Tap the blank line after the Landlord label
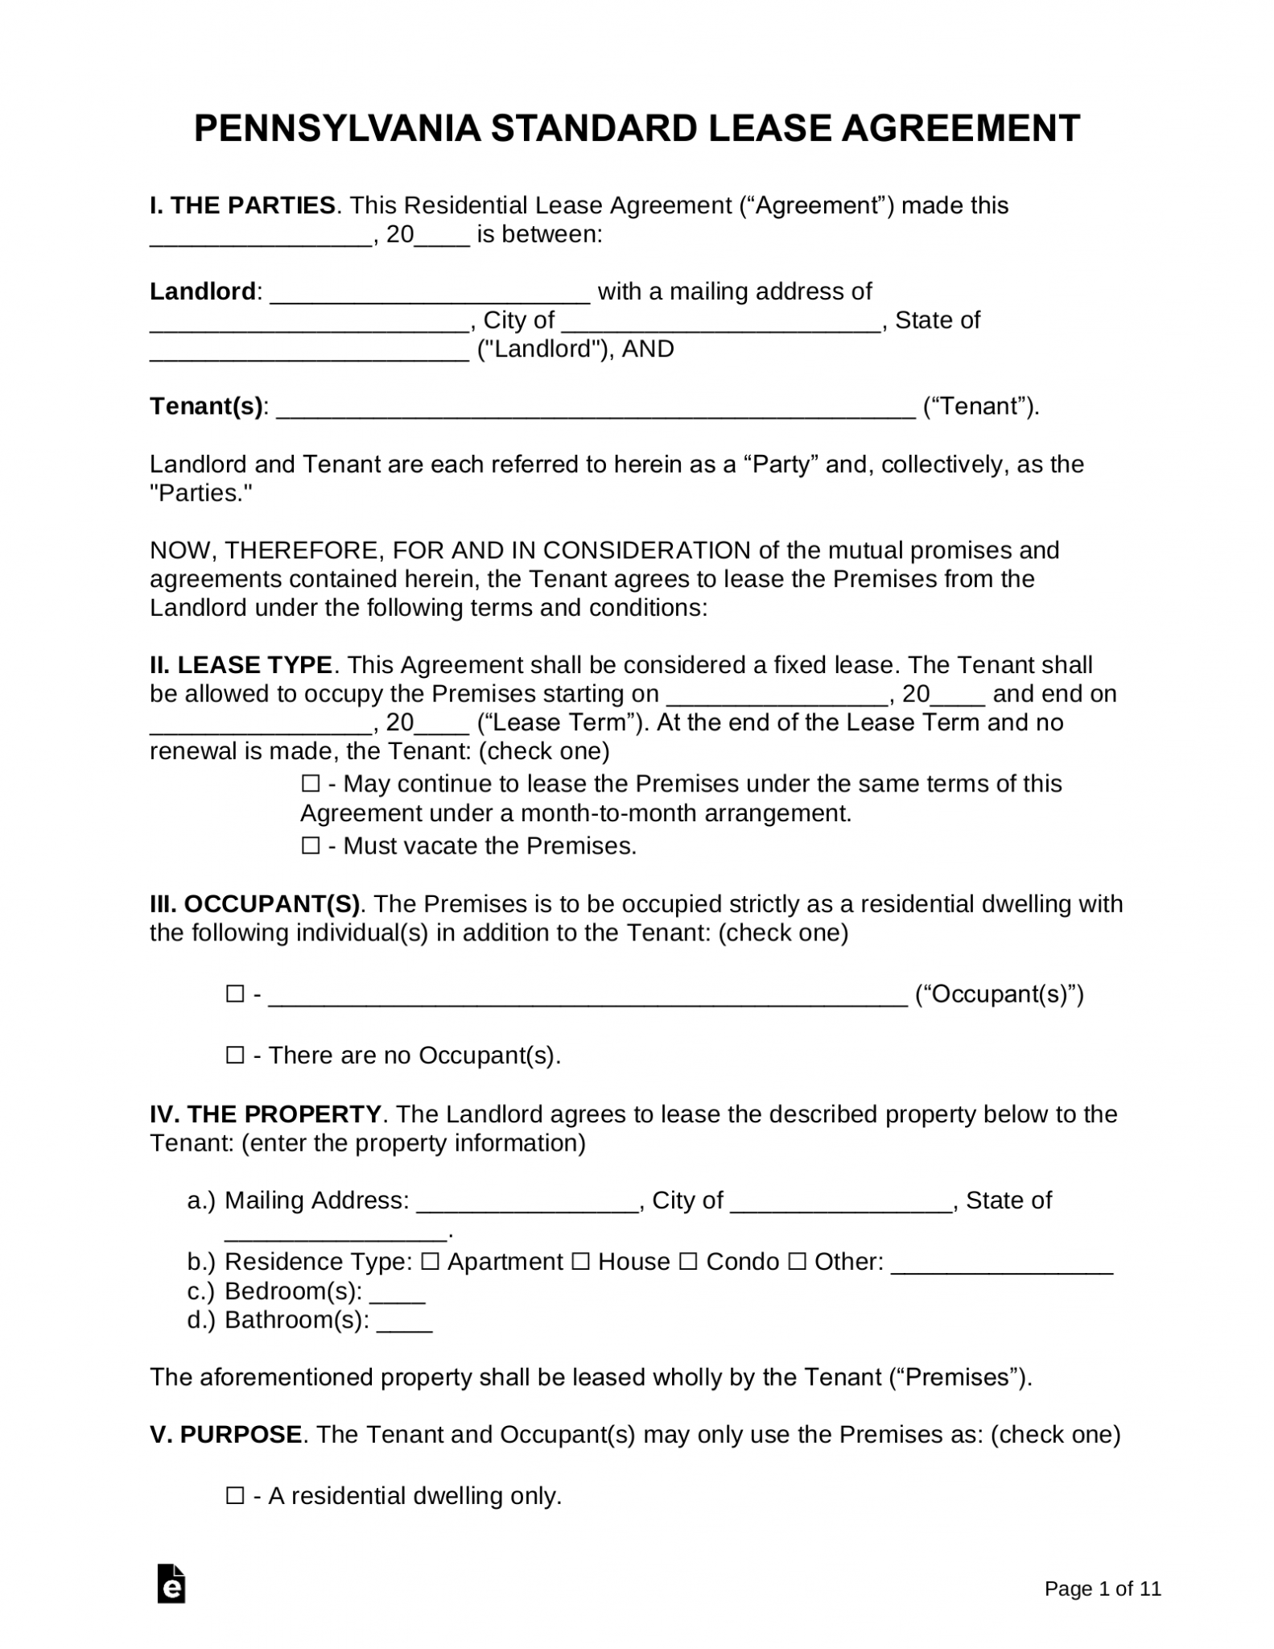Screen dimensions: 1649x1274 click(430, 293)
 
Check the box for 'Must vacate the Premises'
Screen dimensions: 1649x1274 click(311, 846)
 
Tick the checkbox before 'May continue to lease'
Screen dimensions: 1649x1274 click(311, 784)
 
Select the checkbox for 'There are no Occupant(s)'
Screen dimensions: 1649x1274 click(235, 1056)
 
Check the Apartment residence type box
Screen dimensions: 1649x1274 click(430, 1262)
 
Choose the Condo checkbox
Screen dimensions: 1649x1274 click(688, 1262)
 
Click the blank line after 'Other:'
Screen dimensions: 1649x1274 click(1003, 1264)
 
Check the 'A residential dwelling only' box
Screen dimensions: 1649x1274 click(235, 1496)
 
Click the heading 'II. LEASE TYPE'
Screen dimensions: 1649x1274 click(241, 665)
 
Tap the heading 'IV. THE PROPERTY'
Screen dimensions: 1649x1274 click(266, 1114)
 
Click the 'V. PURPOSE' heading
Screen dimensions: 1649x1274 click(226, 1435)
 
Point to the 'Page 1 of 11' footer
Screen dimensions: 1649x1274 click(1103, 1589)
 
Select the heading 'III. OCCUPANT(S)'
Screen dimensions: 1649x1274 click(255, 904)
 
